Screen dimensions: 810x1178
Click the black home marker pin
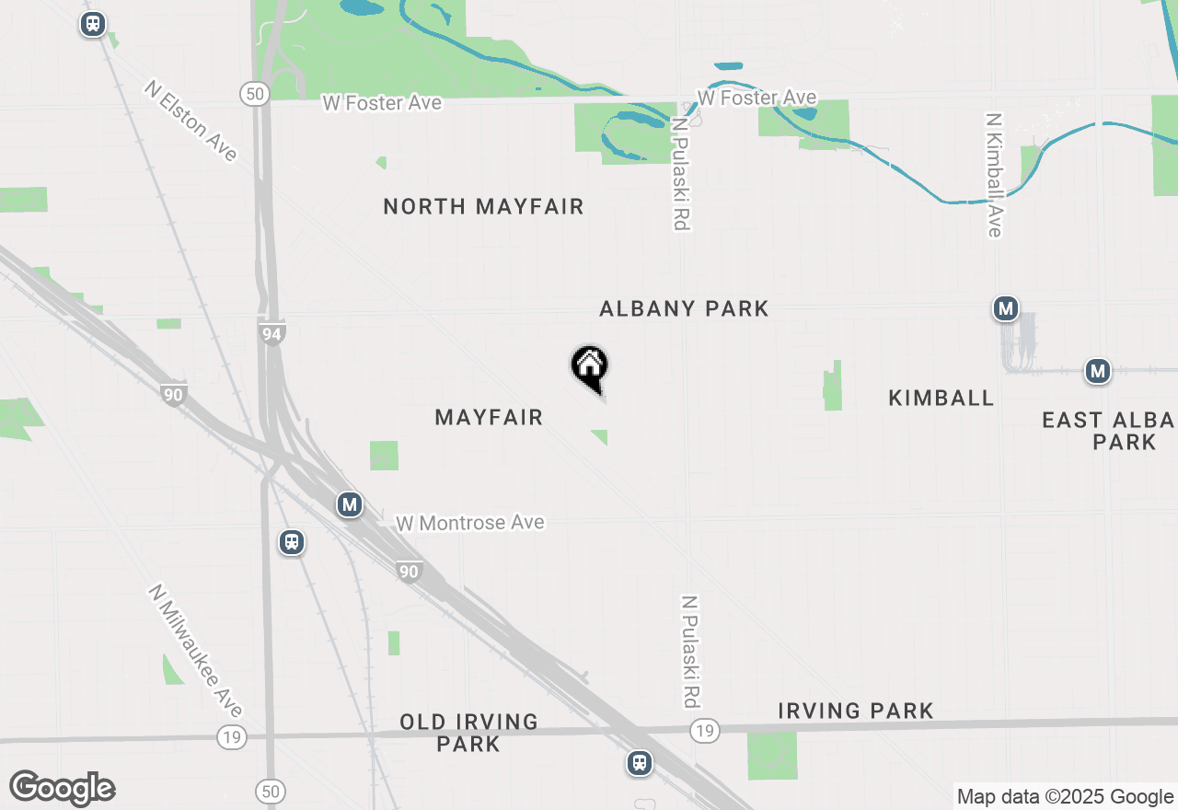click(x=590, y=367)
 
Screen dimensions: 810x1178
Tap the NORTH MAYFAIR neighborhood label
click(x=483, y=207)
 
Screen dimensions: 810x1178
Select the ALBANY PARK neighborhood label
click(x=684, y=308)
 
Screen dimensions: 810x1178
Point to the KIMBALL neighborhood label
click(x=941, y=399)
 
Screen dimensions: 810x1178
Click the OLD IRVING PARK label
click(x=468, y=733)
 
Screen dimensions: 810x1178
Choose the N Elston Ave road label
click(x=191, y=121)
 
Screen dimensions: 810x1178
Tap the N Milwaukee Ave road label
click(x=196, y=651)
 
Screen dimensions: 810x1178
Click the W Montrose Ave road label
click(x=469, y=523)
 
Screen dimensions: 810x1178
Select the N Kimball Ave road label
click(x=993, y=175)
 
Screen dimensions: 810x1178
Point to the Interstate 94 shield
click(x=271, y=334)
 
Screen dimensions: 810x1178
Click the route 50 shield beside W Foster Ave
click(x=255, y=93)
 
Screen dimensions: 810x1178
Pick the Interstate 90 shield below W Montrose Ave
click(x=410, y=572)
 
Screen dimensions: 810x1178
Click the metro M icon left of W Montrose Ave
click(x=349, y=504)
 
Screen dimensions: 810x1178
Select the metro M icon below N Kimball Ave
click(x=1006, y=308)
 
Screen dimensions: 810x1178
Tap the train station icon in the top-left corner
click(x=92, y=24)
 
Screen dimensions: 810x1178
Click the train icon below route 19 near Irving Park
click(x=640, y=763)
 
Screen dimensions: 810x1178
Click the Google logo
click(x=62, y=788)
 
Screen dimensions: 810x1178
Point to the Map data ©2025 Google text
click(x=1065, y=797)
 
